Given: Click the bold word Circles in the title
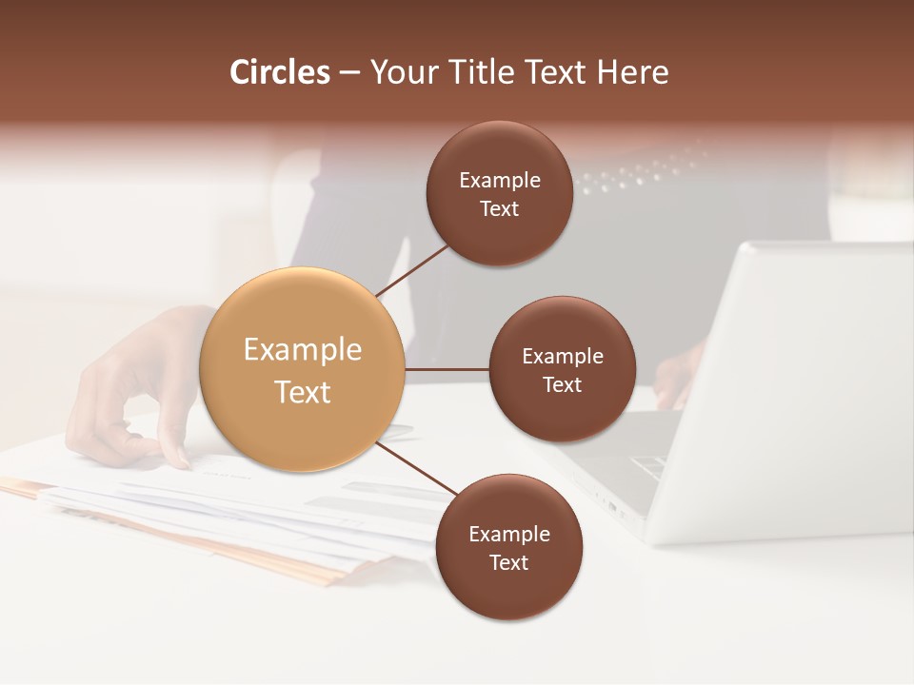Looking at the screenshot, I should pos(279,72).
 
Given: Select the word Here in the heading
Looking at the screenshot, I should pos(633,72).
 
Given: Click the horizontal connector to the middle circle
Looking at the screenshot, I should pos(447,369).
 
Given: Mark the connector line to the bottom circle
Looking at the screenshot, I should pos(416,469).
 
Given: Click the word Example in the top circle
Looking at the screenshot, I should pos(500,181).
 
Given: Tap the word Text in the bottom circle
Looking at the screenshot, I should pos(508,562).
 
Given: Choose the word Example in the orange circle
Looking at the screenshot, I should pos(303,350).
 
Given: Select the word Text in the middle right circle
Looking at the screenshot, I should pos(562,384).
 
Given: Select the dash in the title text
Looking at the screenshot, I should pos(349,73).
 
